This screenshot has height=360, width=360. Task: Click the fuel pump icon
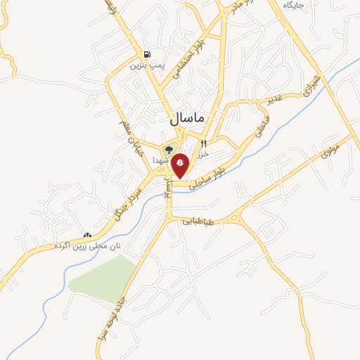(146, 55)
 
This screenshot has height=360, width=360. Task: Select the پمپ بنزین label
(146, 66)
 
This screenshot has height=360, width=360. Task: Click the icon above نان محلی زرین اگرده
(88, 236)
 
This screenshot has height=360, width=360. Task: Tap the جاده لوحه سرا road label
(113, 316)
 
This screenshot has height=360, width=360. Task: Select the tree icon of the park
(169, 150)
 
